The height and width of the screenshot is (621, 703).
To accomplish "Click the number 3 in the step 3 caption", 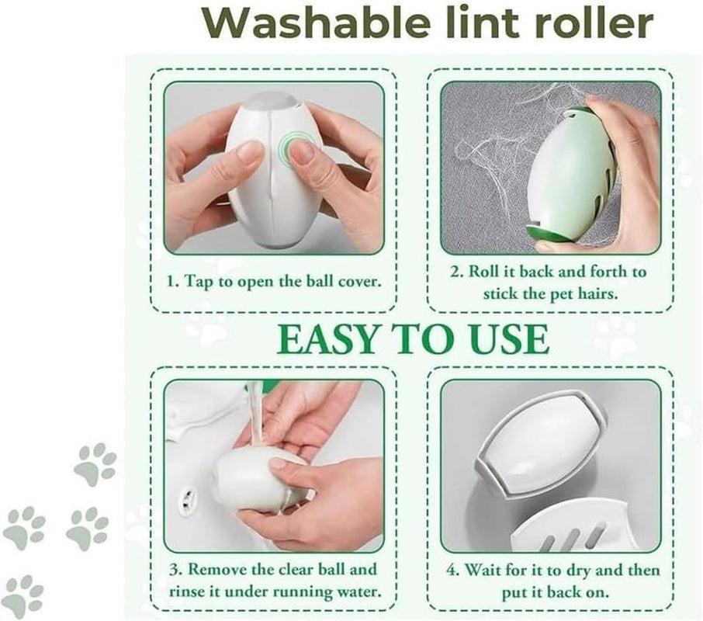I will (x=174, y=571).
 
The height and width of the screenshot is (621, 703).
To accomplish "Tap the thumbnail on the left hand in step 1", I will (x=250, y=151).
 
